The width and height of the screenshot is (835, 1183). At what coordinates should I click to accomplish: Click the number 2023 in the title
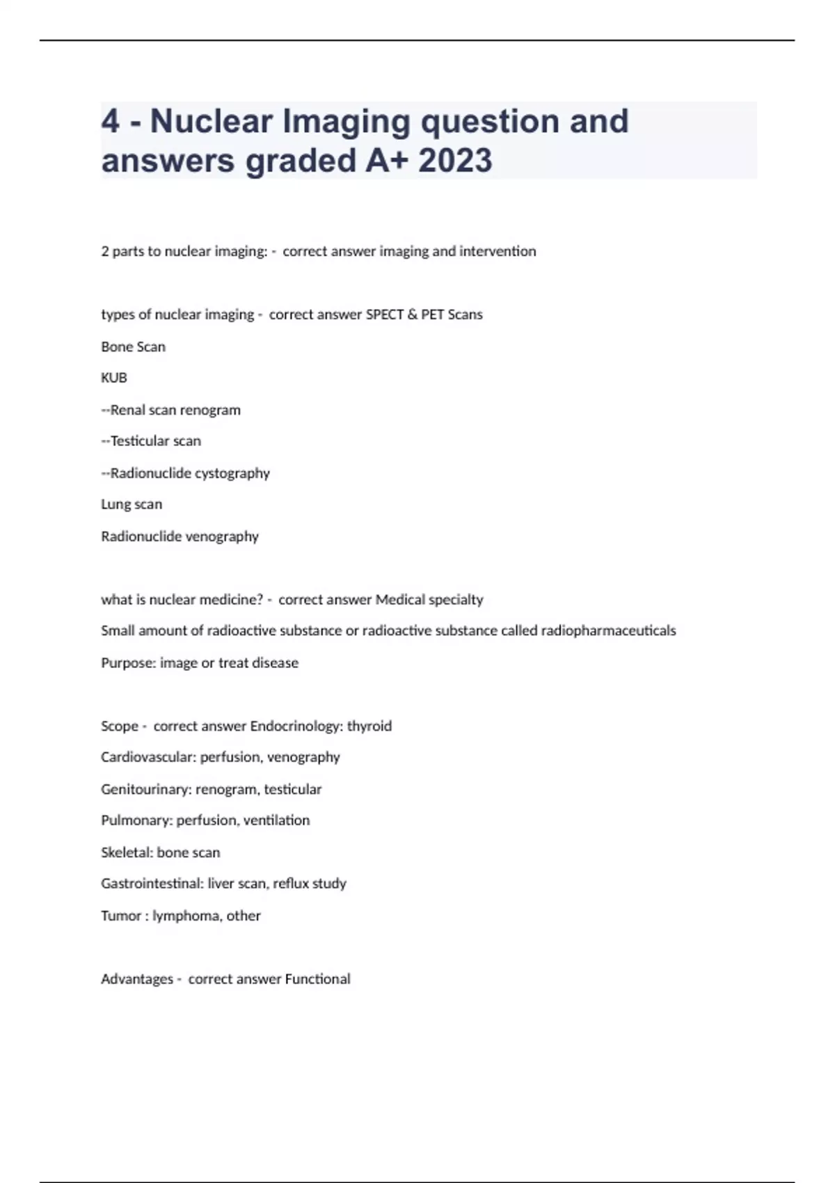coord(455,160)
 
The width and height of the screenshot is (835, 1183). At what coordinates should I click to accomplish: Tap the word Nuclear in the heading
coord(211,121)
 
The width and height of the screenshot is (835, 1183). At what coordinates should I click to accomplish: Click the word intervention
coord(498,251)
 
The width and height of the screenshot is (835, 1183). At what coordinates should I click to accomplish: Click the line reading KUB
coord(114,378)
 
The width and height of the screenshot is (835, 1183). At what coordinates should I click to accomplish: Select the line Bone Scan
coord(133,347)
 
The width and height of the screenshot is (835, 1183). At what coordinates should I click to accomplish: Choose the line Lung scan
coord(132,505)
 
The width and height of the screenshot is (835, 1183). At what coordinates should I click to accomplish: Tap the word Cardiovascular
coord(148,757)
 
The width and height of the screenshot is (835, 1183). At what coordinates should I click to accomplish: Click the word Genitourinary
coord(146,789)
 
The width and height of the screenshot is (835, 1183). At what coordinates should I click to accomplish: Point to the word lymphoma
coord(186,916)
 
